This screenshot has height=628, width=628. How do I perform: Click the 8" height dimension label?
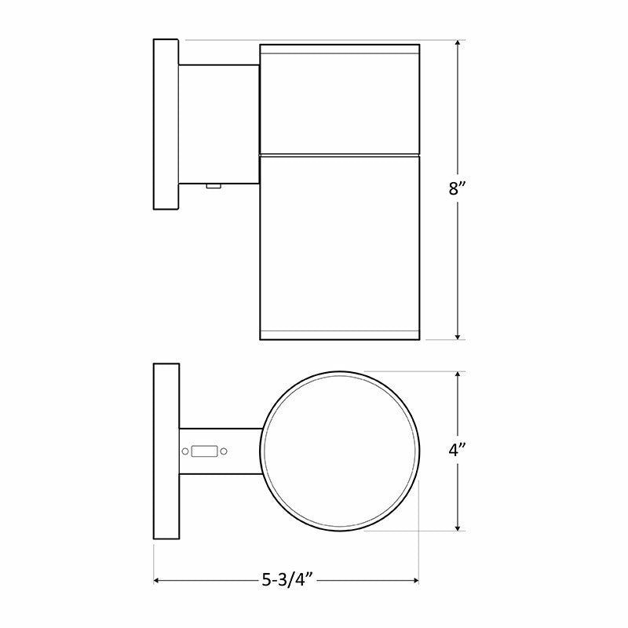click(x=457, y=188)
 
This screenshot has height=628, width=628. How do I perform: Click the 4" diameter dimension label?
click(x=457, y=450)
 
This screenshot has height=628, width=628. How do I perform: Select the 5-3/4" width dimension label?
click(x=287, y=579)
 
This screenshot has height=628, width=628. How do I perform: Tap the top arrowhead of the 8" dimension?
click(x=458, y=44)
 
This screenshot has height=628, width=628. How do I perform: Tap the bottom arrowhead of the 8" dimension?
click(x=458, y=336)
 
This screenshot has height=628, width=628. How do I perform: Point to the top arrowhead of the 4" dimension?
click(x=458, y=376)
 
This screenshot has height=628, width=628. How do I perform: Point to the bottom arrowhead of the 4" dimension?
click(x=458, y=527)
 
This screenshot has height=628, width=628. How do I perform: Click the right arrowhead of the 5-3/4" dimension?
click(x=414, y=580)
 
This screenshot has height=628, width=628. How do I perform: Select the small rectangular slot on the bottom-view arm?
click(x=205, y=451)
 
